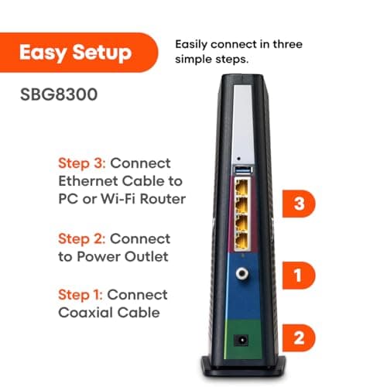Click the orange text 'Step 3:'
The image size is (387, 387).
(82, 165)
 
